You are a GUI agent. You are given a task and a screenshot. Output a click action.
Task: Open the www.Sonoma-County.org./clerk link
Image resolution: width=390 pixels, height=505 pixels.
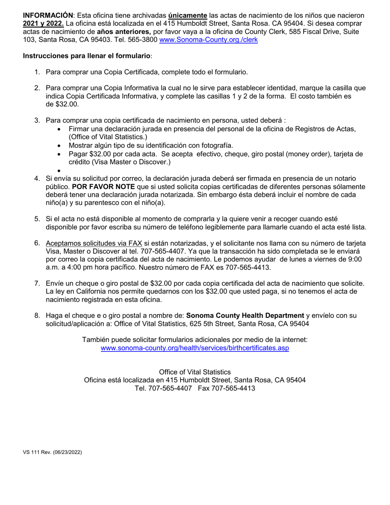[208, 40]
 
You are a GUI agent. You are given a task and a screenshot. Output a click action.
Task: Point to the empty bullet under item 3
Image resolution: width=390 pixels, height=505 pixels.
[60, 170]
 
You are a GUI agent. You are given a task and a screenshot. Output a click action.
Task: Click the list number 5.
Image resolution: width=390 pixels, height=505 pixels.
[37, 219]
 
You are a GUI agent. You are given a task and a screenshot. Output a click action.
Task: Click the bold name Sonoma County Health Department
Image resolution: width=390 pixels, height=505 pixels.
[245, 316]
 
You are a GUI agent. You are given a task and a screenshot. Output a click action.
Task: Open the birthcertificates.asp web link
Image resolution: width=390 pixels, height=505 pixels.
[195, 348]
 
